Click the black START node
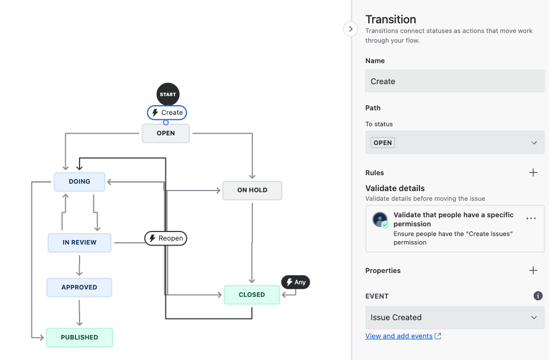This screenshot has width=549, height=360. (x=168, y=94)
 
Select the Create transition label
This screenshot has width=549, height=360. (x=167, y=113)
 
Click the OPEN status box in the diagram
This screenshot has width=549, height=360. (x=165, y=133)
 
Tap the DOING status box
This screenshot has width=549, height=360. (x=79, y=181)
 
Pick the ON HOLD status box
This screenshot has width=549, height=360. (x=252, y=190)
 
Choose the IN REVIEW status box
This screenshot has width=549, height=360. (x=79, y=242)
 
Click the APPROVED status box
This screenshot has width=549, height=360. (x=79, y=287)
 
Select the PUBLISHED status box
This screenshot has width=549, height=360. (x=79, y=337)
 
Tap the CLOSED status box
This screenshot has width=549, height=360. (x=252, y=295)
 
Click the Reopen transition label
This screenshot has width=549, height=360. (x=165, y=238)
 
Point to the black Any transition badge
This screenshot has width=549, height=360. (x=296, y=282)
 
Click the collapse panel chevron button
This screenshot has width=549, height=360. (x=351, y=29)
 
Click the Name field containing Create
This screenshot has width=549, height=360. (x=455, y=81)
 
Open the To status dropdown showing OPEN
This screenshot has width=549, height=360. (x=455, y=143)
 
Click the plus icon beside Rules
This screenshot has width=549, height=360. (x=533, y=173)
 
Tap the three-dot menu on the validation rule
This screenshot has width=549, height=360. (x=531, y=218)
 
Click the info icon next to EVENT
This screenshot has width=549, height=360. (x=538, y=296)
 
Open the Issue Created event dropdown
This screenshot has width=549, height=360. (x=455, y=317)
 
